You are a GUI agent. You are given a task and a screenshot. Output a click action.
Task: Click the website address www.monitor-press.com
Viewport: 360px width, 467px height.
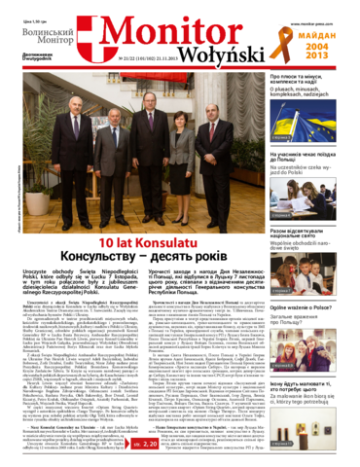coord(320,7)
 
